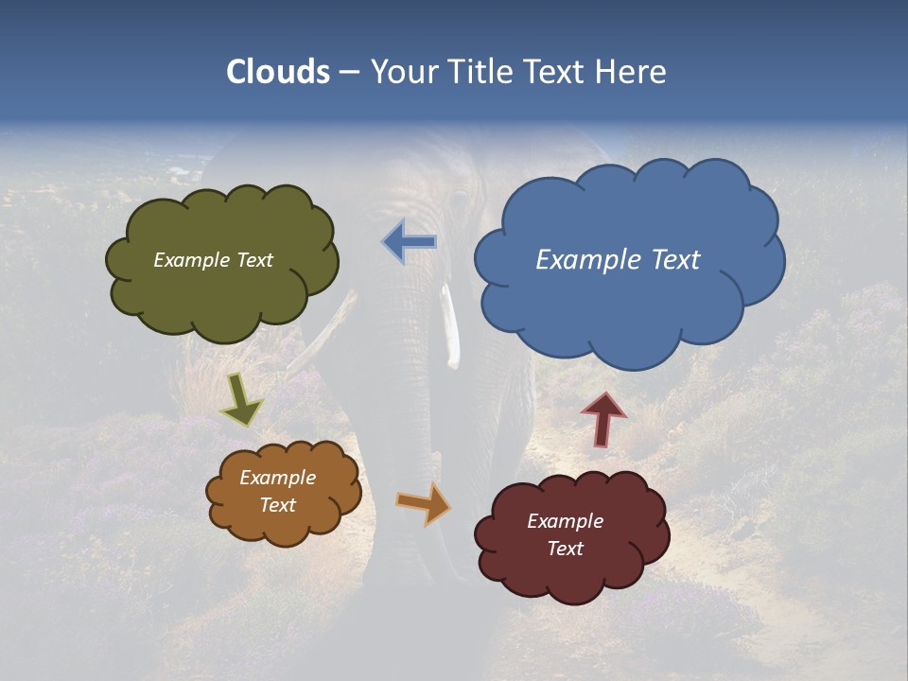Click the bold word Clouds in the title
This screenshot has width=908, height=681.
coord(278,72)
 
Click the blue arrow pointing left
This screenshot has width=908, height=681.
coord(410,242)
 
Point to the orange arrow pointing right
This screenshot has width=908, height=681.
coord(423,503)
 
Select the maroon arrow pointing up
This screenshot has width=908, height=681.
coord(603,419)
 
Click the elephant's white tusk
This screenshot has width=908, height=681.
coord(451,326)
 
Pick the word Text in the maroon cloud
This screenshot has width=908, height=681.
coord(565,549)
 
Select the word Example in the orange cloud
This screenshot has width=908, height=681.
coord(277,478)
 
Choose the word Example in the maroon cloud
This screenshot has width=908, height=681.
coord(565,521)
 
